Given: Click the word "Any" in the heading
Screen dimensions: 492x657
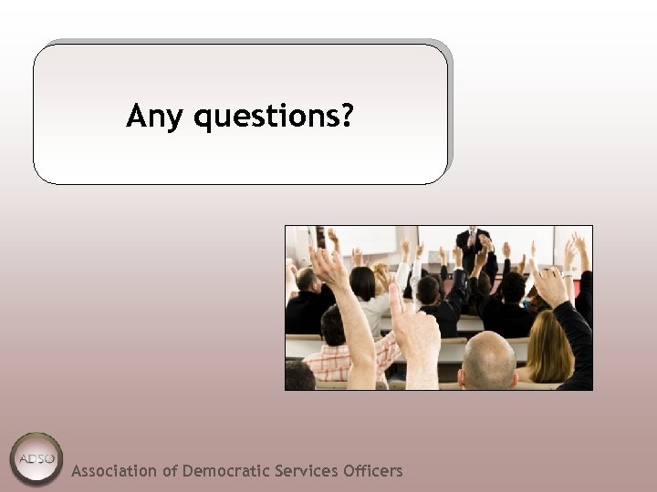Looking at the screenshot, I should pos(152,118).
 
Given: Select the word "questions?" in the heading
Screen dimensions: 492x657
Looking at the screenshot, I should pos(275,118).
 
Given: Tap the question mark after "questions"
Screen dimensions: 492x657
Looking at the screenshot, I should pos(346,116).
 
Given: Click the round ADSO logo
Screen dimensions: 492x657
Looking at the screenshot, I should pos(36,458).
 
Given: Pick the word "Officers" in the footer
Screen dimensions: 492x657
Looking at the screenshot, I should pos(372,471).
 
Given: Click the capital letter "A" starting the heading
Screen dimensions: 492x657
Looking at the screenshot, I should pos(137,116).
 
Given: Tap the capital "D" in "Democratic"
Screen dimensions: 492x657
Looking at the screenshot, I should pos(188,471).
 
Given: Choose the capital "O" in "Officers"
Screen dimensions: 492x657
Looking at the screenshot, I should pos(348,471).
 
